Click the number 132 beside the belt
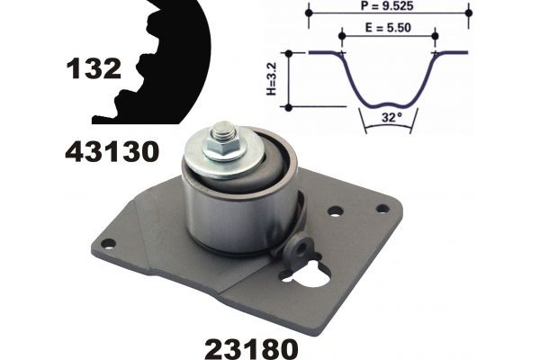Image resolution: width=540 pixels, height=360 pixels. pyautogui.click(x=93, y=67)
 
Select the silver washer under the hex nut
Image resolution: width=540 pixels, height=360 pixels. pyautogui.click(x=225, y=157)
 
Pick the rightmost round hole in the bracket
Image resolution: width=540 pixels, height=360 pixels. pyautogui.click(x=382, y=208)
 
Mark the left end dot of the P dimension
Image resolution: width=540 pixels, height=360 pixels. pyautogui.click(x=309, y=14)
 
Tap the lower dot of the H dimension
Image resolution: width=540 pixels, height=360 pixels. pyautogui.click(x=287, y=106)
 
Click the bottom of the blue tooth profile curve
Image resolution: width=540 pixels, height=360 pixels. pyautogui.click(x=388, y=102)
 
